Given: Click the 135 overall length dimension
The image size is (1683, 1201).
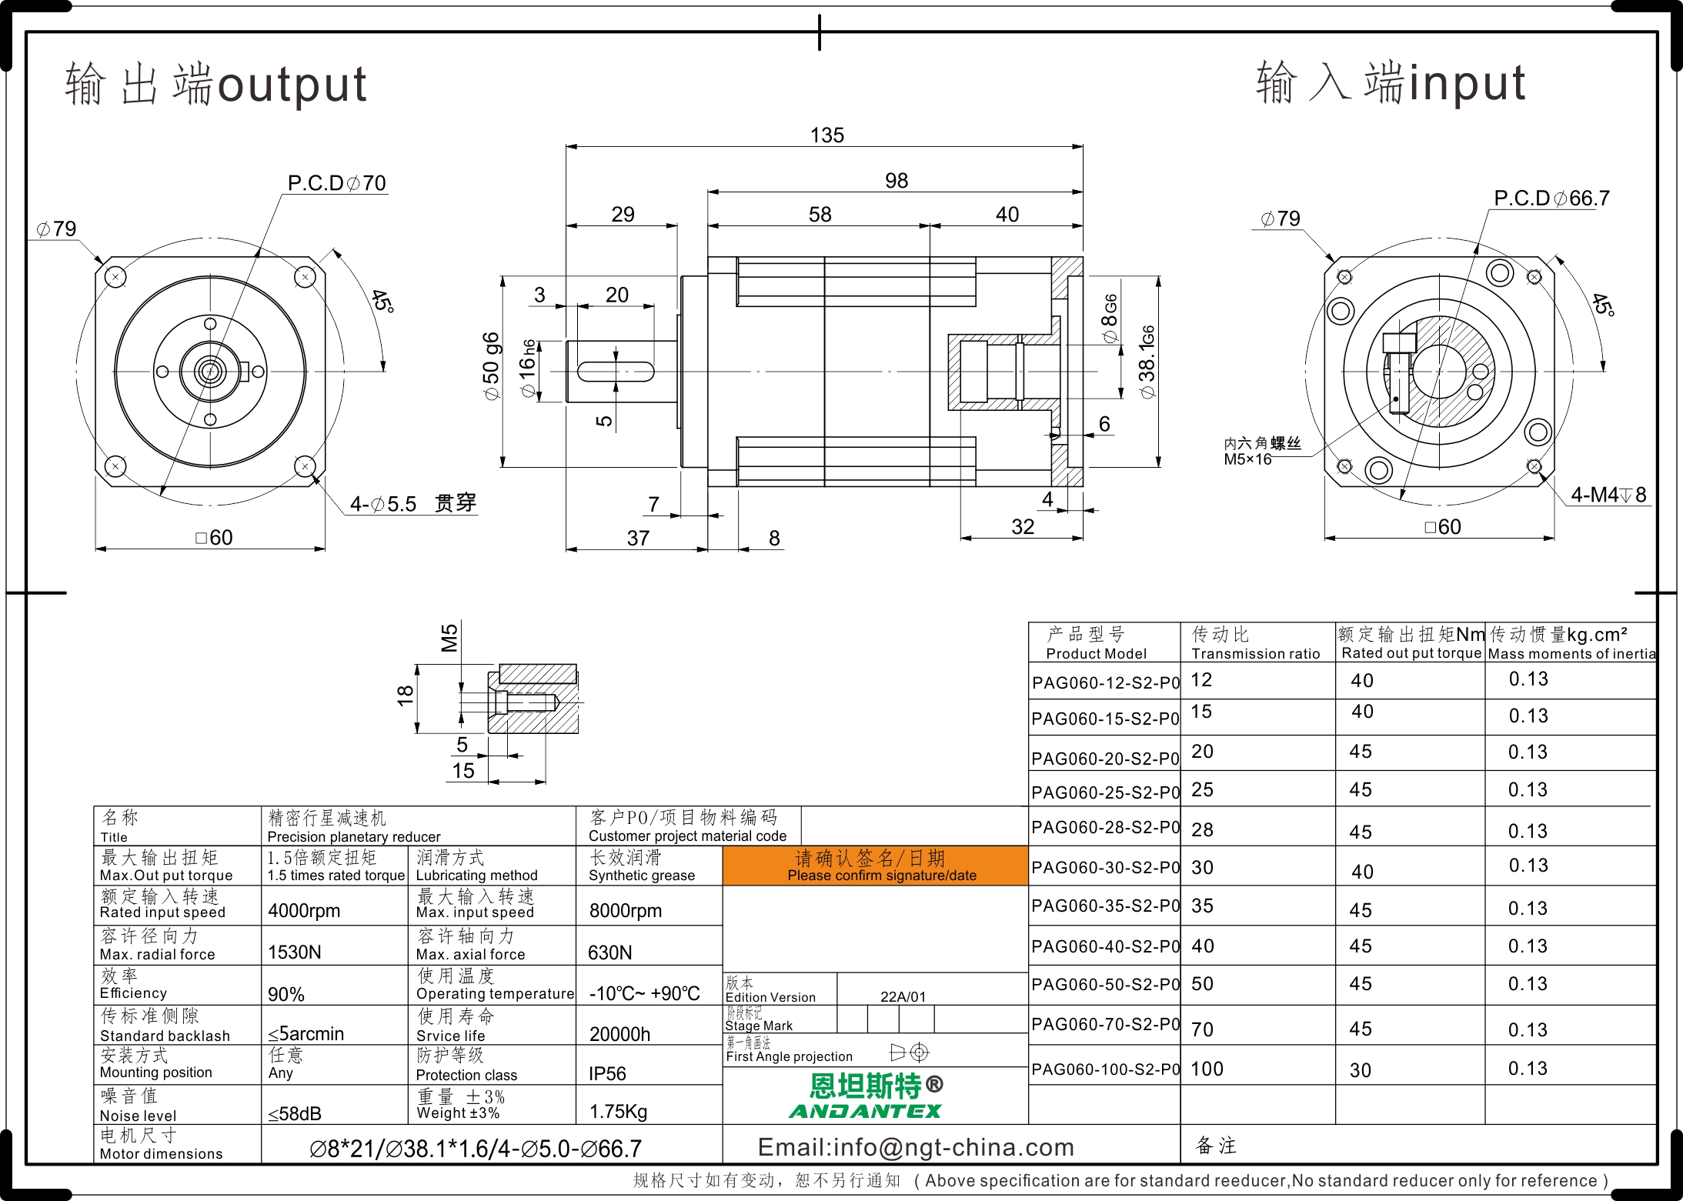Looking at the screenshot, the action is [x=826, y=135].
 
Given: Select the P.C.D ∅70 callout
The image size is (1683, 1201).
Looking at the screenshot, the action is [x=336, y=183].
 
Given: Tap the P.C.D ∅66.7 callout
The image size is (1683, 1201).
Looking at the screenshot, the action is [x=1551, y=198].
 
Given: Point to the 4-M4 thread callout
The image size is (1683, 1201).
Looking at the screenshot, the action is [x=1608, y=495].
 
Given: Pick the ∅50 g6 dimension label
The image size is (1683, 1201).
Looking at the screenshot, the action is [x=491, y=366].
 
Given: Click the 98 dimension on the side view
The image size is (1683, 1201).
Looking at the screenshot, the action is [x=897, y=181].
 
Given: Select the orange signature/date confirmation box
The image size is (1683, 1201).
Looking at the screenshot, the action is [x=876, y=866].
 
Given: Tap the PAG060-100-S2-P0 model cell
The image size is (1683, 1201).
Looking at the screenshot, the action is [x=1105, y=1069].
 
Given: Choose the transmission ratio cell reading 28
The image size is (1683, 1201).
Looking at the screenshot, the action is [x=1202, y=829].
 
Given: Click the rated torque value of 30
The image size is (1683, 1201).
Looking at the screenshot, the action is [x=1361, y=1070].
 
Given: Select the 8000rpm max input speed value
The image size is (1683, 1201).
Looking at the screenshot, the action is [x=626, y=911].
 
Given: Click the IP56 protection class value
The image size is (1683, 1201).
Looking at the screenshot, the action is [x=607, y=1073].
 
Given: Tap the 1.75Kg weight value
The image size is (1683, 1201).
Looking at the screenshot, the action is [x=618, y=1112].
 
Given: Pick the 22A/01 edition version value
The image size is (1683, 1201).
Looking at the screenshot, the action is [x=903, y=996].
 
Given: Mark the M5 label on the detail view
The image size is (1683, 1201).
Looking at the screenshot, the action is [x=449, y=638].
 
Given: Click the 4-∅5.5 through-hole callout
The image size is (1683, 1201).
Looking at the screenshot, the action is [x=413, y=504].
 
